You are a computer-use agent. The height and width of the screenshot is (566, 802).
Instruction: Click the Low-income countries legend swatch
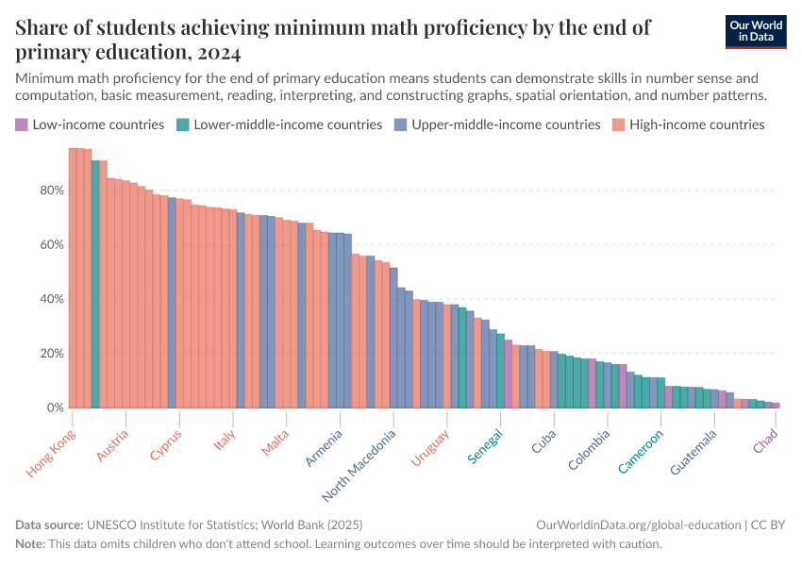[x=22, y=125]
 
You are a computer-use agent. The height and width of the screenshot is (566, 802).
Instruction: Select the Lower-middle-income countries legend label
[x=288, y=125]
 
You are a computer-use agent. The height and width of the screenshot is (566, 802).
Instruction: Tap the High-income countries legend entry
[x=696, y=125]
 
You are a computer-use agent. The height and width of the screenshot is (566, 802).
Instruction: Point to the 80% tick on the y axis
[x=51, y=191]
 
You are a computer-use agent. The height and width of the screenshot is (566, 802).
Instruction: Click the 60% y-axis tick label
[x=51, y=245]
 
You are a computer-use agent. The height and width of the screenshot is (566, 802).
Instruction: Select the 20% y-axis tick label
[x=51, y=354]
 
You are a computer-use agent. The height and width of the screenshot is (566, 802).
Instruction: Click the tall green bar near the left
[x=95, y=284]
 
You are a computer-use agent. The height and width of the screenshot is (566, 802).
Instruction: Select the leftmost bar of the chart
[x=73, y=278]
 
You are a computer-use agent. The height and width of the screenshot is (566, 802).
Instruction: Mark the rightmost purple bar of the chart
[x=777, y=406]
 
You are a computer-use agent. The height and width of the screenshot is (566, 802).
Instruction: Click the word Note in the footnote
[x=30, y=544]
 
